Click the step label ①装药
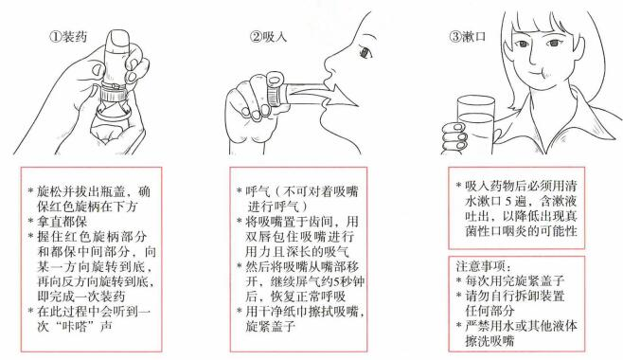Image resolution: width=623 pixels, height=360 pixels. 68,37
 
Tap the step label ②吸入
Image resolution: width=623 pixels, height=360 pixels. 268,37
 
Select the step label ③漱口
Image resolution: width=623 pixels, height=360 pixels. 468,37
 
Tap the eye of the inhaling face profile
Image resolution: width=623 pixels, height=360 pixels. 365,52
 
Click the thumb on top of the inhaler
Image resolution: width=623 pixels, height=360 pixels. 119,41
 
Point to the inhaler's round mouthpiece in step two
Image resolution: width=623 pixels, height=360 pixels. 275,79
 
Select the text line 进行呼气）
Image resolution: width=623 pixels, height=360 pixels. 277,207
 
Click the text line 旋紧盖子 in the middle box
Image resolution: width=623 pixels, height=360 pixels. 271,326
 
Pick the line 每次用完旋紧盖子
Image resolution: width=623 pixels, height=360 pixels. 515,281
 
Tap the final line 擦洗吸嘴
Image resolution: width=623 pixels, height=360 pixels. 489,341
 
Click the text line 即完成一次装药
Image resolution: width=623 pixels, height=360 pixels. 81,297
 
